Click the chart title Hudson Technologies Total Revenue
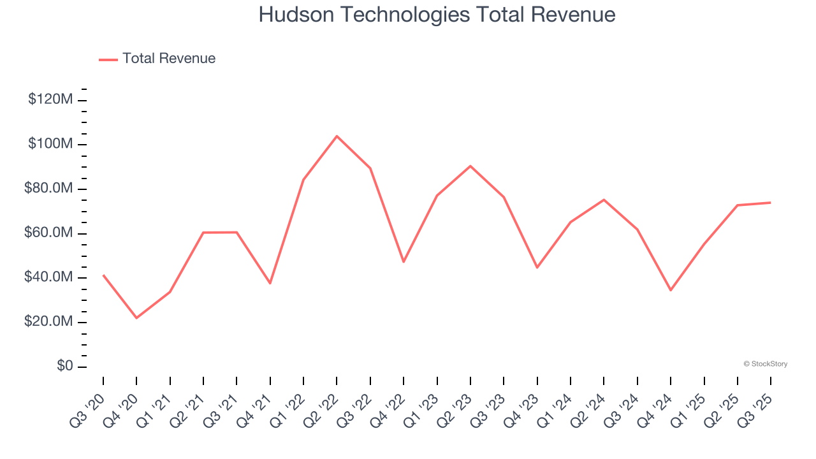[437, 15]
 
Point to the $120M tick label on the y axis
[50, 99]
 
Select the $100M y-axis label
[50, 144]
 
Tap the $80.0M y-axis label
[48, 189]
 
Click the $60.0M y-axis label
[48, 233]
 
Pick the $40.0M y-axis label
[48, 278]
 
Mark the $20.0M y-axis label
[48, 322]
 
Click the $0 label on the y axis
[64, 367]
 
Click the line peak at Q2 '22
[337, 136]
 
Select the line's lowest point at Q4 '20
[136, 317]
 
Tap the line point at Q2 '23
[470, 166]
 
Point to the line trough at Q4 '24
[671, 290]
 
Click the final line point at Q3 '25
[770, 203]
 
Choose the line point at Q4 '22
[404, 262]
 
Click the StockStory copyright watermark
[765, 364]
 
